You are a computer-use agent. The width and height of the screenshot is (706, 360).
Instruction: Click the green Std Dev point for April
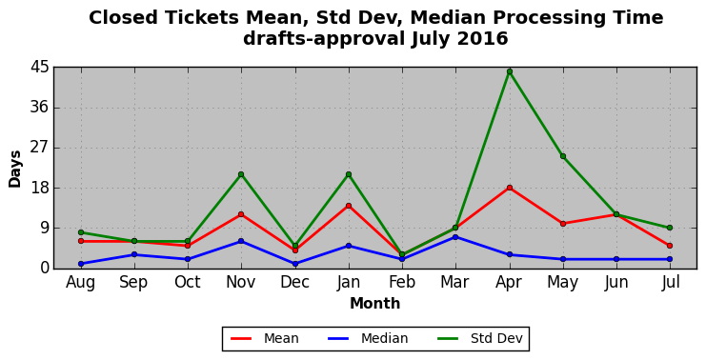click(x=509, y=71)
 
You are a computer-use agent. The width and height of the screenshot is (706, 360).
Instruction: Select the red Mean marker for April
click(x=509, y=188)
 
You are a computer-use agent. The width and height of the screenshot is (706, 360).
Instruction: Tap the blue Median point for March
click(x=455, y=237)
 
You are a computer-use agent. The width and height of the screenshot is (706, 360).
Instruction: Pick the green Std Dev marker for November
click(x=241, y=174)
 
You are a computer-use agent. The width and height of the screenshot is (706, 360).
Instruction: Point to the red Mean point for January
click(x=349, y=206)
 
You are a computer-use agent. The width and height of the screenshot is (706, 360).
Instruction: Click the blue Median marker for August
click(x=81, y=264)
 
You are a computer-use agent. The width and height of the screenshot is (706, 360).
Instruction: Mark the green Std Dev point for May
click(x=563, y=156)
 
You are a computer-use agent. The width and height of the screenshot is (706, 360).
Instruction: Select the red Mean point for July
click(x=670, y=246)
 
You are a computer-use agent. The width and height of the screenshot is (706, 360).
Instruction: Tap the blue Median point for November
click(x=241, y=241)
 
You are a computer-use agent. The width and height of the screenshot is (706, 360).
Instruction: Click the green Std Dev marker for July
click(x=670, y=228)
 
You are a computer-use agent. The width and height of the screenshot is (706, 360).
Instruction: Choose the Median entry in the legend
click(x=366, y=338)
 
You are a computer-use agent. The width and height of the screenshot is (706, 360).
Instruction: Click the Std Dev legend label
click(x=496, y=338)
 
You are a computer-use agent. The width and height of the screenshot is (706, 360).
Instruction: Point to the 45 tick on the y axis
click(x=39, y=68)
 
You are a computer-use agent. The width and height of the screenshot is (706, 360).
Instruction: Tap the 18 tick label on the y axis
click(x=39, y=189)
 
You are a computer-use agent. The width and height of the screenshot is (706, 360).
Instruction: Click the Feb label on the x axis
click(x=402, y=282)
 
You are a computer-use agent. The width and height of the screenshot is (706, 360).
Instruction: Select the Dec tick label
click(x=295, y=282)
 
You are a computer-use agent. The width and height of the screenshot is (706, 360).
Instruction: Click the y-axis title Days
click(x=15, y=169)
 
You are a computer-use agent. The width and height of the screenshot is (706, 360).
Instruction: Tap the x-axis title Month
click(x=375, y=303)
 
